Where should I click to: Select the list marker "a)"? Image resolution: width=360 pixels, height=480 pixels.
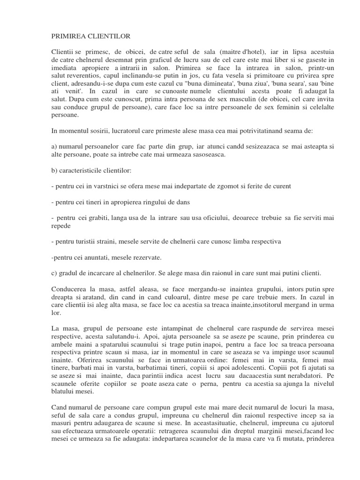54,147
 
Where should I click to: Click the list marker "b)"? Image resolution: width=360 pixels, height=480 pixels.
54,170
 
